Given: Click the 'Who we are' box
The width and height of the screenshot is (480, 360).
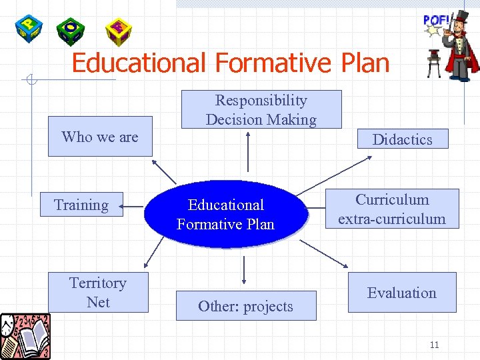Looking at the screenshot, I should pos(100,137).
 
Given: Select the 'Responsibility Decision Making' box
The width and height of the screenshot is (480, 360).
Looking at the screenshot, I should pos(261,109).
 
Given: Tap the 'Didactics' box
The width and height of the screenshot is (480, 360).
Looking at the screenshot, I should pos(401,139).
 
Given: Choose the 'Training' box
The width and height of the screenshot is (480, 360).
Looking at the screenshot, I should pos(81,205).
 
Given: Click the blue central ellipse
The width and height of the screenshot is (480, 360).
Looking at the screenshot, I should pos(226,214).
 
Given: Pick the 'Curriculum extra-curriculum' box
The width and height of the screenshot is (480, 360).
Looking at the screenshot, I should pos(391,209).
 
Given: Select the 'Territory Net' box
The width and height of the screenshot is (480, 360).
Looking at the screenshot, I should pos(98,292).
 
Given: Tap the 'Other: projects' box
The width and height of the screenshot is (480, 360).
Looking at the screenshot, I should pos(245,306).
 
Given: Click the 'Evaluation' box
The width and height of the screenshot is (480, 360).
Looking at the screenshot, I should pos(401,293).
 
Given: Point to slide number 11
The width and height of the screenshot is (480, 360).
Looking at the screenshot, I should pos(434,345).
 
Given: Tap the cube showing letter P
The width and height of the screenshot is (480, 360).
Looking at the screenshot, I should pos(29,28).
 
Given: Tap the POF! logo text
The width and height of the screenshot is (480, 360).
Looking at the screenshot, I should pos(437,20).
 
